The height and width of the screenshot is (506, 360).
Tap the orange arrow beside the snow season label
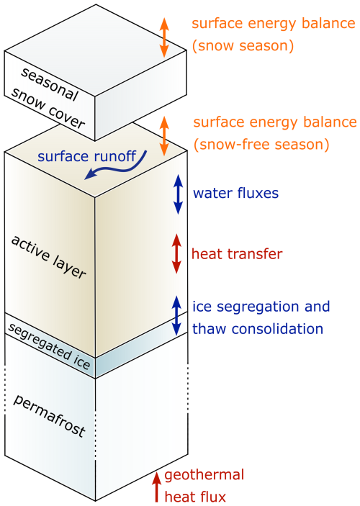164,37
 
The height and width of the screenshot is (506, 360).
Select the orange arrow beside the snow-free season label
164,136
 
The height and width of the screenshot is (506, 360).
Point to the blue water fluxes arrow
178,194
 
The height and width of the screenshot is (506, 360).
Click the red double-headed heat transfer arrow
176,253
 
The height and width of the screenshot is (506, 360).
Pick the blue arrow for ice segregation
176,315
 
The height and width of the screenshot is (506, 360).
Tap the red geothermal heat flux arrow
156,487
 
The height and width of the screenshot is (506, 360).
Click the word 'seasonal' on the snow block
50,84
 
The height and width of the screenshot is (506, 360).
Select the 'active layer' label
48,257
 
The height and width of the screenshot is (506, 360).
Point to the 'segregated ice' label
49,346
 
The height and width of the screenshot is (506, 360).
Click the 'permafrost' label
50,415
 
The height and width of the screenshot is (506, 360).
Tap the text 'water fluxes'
235,193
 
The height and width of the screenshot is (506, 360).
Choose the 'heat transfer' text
237,253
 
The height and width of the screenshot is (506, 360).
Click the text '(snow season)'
243,46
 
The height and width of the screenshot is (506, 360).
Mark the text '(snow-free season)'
261,144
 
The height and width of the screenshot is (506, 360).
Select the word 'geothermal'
204,476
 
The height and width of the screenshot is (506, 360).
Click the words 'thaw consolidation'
258,329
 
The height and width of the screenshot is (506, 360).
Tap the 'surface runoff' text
87,156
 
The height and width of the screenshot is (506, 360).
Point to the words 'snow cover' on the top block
48,108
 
